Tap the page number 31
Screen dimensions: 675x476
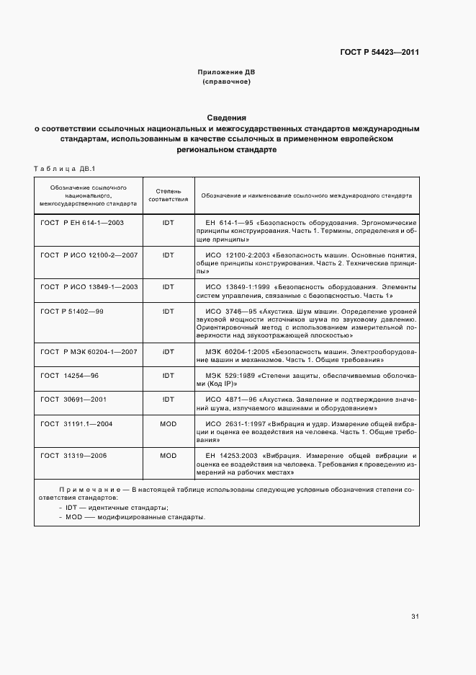pyautogui.click(x=415, y=617)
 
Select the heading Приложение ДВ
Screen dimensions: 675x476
pyautogui.click(x=226, y=73)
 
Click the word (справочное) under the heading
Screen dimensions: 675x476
pyautogui.click(x=226, y=82)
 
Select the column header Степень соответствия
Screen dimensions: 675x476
pyautogui.click(x=168, y=195)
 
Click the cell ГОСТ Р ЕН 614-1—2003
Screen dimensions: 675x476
pyautogui.click(x=82, y=223)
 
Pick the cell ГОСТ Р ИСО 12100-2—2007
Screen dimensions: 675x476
pyautogui.click(x=89, y=255)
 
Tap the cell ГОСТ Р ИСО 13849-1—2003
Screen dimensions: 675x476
pyautogui.click(x=89, y=286)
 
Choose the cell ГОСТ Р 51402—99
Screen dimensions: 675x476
pyautogui.click(x=71, y=310)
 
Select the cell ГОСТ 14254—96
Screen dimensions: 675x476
pyautogui.click(x=70, y=375)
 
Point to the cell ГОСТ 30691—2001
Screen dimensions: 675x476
pyautogui.click(x=74, y=399)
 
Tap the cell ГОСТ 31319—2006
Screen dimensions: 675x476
pyautogui.click(x=74, y=456)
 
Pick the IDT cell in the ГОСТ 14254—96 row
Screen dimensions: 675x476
pyautogui.click(x=168, y=375)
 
